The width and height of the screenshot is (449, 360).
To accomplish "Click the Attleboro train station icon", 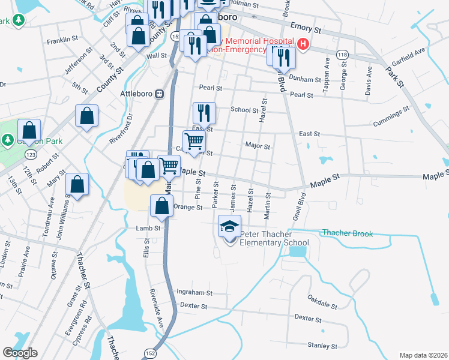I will point(160,94).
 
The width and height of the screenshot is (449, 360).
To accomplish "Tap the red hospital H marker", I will point(303,44).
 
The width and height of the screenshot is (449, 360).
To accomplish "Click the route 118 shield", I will point(342,54).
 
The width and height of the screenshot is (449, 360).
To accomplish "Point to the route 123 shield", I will point(30,155).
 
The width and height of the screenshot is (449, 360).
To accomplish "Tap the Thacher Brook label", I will point(347,233).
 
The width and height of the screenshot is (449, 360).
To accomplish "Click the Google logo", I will point(20,353).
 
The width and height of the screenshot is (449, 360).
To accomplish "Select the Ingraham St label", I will point(194,292).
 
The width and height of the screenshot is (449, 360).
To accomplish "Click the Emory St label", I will point(306,28).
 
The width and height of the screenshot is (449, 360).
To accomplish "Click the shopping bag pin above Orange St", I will point(161,206).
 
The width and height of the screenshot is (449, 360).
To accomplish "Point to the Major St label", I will point(258,145).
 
